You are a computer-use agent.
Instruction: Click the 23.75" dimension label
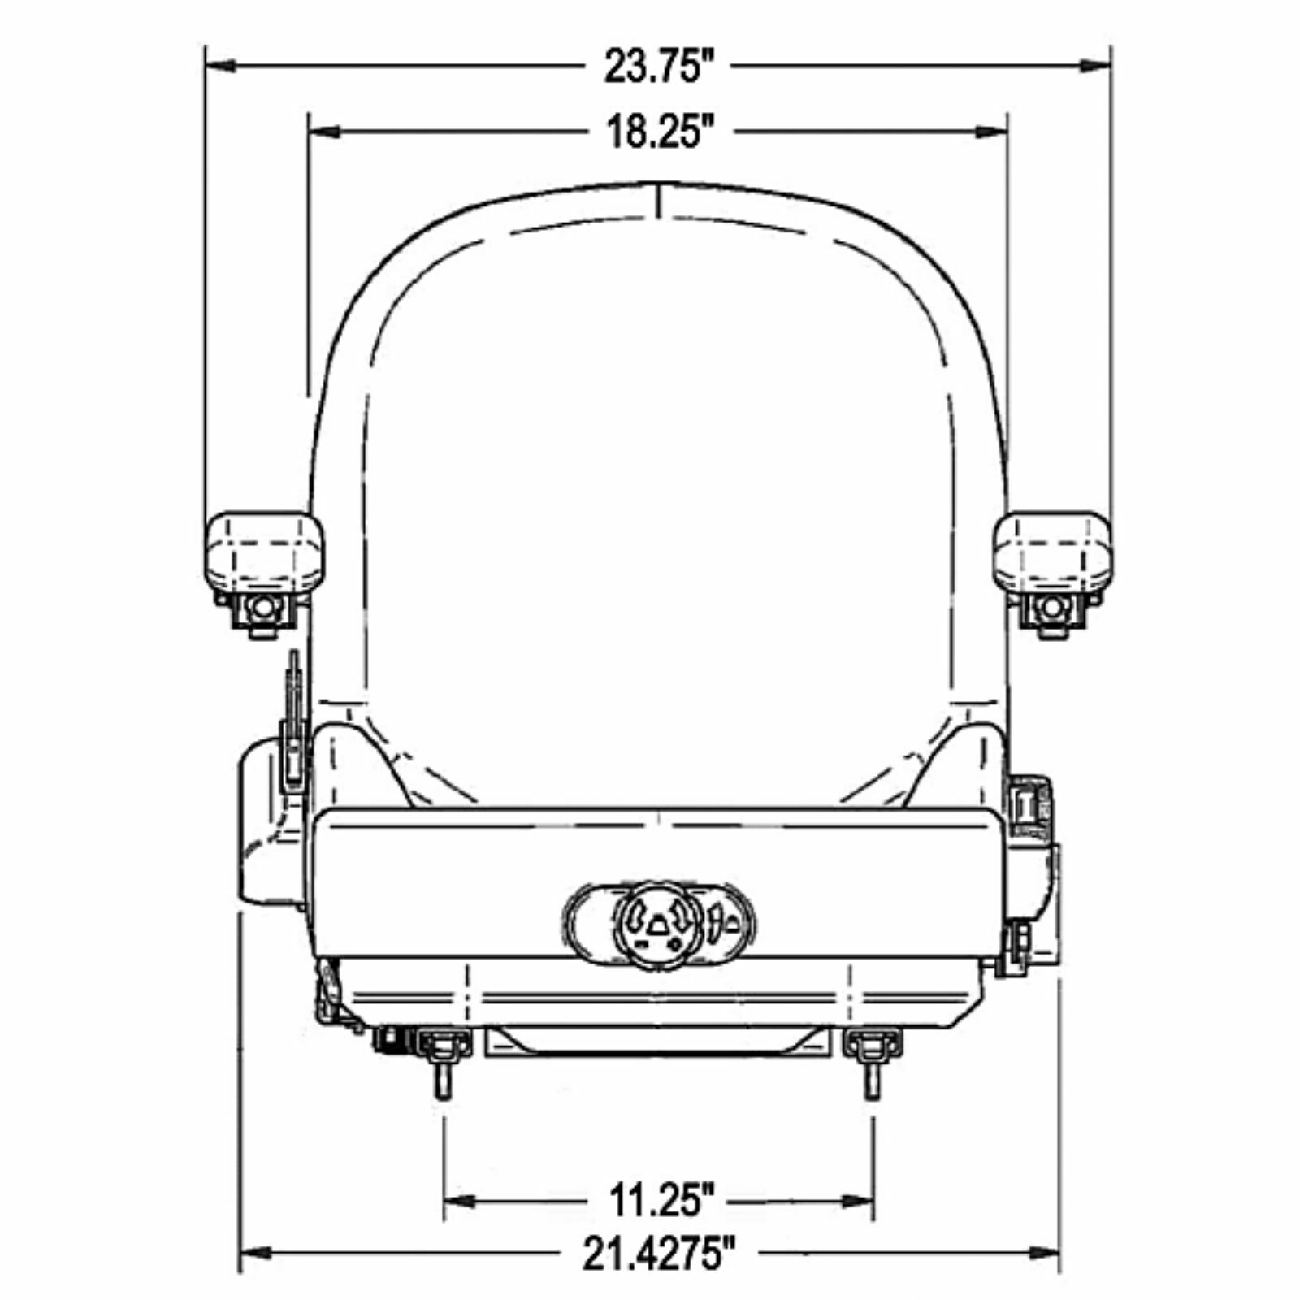click(x=652, y=66)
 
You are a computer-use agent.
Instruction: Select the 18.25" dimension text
click(x=654, y=132)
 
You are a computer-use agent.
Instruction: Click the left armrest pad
click(x=263, y=552)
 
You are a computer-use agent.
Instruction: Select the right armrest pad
click(x=1053, y=552)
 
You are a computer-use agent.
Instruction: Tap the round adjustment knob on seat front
click(x=658, y=926)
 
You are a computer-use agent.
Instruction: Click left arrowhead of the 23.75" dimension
click(x=220, y=65)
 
